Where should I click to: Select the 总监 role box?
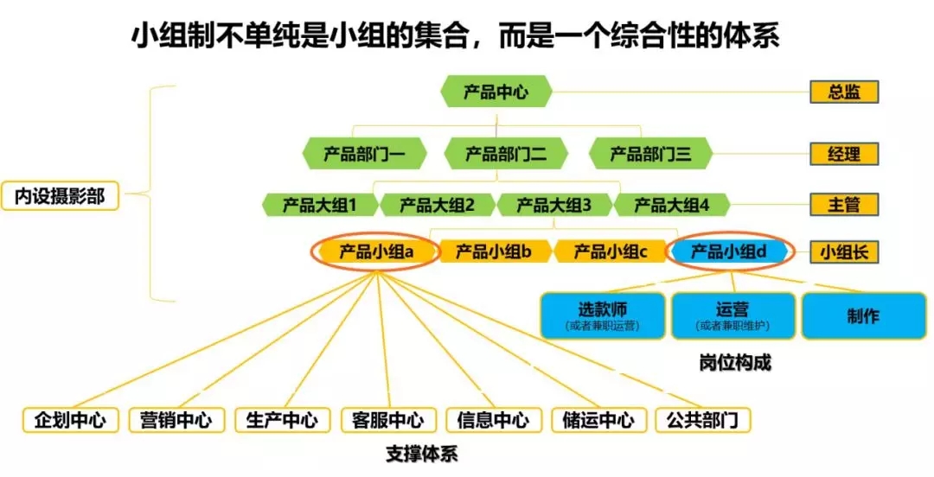click(843, 92)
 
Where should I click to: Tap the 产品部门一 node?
click(363, 155)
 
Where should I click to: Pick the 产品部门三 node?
click(650, 155)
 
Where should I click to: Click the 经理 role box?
click(843, 155)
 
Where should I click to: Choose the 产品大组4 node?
click(671, 205)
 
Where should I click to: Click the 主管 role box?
click(843, 205)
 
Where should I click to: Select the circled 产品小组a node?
click(376, 251)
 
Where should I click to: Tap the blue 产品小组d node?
click(729, 251)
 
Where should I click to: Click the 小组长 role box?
click(843, 252)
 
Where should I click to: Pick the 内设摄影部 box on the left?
click(59, 197)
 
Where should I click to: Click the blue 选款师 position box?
click(603, 315)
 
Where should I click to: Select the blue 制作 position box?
click(862, 315)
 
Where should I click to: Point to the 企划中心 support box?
click(70, 420)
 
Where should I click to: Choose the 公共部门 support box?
click(702, 420)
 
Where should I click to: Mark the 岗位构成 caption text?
click(734, 363)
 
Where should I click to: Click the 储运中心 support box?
click(598, 420)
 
